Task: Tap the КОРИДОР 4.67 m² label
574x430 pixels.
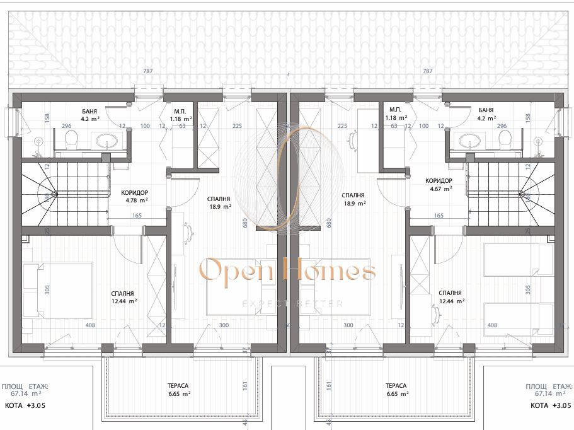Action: [x=439, y=183]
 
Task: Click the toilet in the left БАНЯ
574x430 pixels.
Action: [x=72, y=139]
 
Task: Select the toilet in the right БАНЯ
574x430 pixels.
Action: [x=503, y=139]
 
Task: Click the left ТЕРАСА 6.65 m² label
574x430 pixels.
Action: [x=179, y=390]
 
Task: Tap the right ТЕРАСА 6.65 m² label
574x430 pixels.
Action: [x=396, y=390]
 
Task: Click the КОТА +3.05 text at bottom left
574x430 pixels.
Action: [x=25, y=406]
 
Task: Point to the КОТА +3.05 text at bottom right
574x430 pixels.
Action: [x=550, y=406]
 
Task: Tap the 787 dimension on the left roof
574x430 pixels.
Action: [x=148, y=71]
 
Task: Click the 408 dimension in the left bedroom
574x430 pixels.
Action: [x=90, y=325]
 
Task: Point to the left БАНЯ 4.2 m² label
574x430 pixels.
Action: [x=90, y=113]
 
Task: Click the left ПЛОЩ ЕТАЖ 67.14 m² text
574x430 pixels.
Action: [x=25, y=388]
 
